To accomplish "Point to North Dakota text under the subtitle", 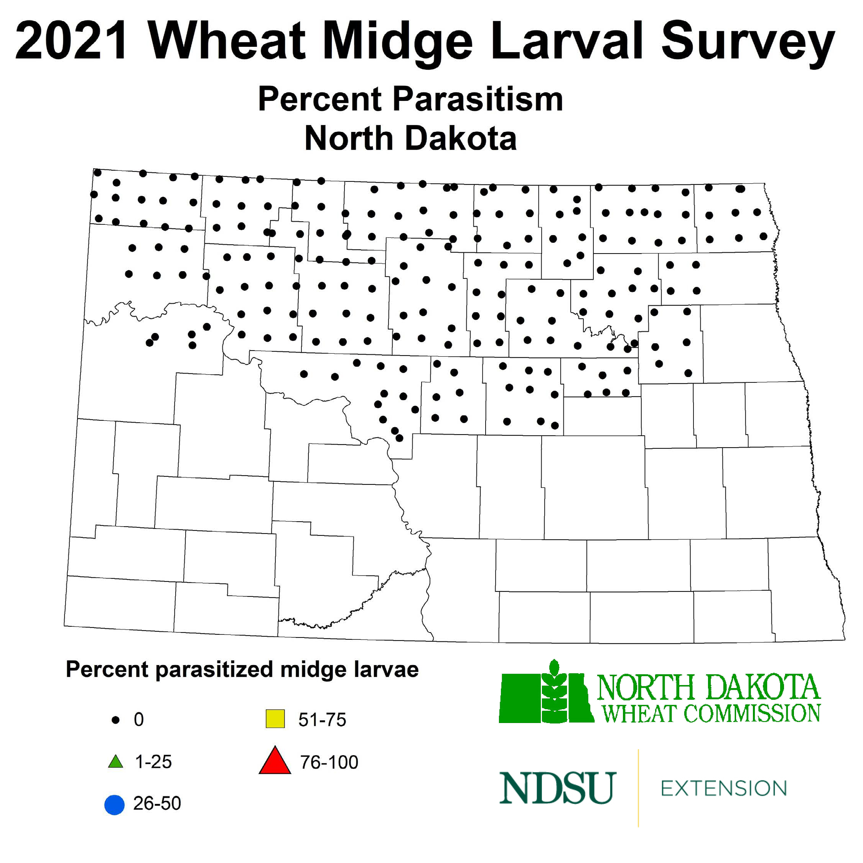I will pyautogui.click(x=410, y=138).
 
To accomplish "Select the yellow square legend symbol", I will pyautogui.click(x=275, y=719).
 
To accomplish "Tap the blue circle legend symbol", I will pyautogui.click(x=114, y=805).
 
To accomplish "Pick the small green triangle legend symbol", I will pyautogui.click(x=116, y=762).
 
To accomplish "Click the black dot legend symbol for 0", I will pyautogui.click(x=116, y=720).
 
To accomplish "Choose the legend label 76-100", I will pyautogui.click(x=329, y=763).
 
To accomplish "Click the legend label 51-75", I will pyautogui.click(x=322, y=720).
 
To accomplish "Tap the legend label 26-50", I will pyautogui.click(x=157, y=804).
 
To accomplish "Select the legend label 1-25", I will pyautogui.click(x=153, y=762).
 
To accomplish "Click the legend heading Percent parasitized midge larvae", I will pyautogui.click(x=242, y=670).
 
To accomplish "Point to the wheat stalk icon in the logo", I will pyautogui.click(x=554, y=692).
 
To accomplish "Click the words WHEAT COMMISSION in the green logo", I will pyautogui.click(x=711, y=713).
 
